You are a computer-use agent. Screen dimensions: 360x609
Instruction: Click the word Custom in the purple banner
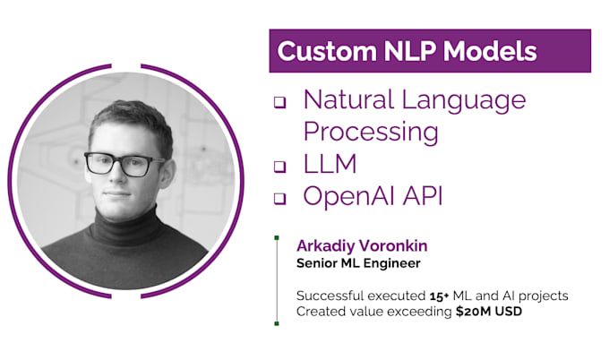click(321, 51)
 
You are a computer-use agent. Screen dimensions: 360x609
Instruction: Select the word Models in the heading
click(490, 51)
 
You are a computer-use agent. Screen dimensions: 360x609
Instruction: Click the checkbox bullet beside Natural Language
click(279, 102)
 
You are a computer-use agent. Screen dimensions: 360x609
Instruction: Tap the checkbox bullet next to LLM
click(279, 167)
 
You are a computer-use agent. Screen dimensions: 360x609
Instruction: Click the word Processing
click(371, 132)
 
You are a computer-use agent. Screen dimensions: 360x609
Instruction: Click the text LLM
click(331, 164)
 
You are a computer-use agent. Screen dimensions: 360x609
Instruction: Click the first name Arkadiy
click(325, 246)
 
